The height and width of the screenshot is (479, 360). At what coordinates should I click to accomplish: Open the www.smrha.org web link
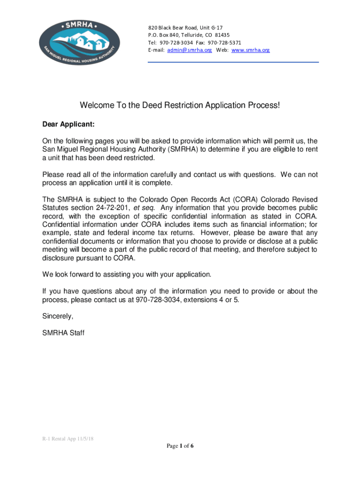point(251,50)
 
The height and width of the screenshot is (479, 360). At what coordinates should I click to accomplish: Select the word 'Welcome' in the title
point(97,106)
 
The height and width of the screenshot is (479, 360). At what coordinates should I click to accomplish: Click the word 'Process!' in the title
point(263,106)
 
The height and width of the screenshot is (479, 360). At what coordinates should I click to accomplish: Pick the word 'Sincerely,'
point(58,316)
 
